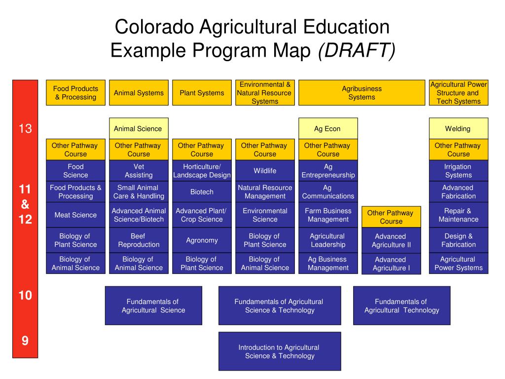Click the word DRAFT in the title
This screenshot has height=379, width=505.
357,50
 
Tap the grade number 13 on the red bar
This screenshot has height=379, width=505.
25,129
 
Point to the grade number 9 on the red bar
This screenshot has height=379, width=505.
25,341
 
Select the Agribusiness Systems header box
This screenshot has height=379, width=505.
361,93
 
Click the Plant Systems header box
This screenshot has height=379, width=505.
202,93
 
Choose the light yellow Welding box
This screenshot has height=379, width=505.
458,129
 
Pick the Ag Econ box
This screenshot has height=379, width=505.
328,129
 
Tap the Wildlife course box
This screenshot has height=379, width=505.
265,171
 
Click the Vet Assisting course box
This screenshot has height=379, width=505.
139,171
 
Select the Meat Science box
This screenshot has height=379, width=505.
75,215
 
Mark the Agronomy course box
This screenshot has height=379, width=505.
202,240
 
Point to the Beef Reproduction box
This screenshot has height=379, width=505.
139,240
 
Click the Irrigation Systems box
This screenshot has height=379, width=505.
458,171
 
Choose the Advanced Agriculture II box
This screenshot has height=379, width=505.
391,240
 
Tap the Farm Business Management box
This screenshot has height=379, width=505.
328,215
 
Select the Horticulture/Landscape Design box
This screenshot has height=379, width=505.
202,171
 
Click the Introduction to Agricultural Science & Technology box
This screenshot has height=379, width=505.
280,351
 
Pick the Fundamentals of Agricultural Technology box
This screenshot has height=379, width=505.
401,306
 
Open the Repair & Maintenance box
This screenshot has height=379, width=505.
458,215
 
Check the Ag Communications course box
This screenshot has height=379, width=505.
328,191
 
